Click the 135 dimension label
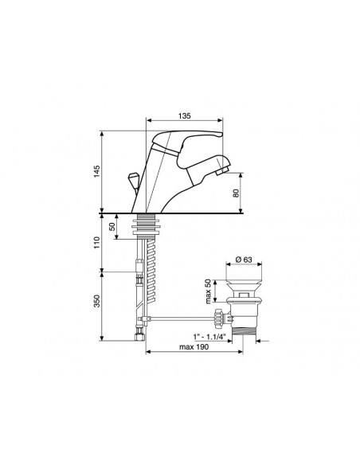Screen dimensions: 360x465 (185, 115)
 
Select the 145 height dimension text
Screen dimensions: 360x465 (96, 171)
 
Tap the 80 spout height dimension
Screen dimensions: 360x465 (236, 193)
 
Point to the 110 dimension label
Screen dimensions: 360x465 (96, 243)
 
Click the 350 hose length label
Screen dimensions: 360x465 (96, 301)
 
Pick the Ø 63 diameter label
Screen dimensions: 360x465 (244, 260)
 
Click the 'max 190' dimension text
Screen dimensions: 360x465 (194, 346)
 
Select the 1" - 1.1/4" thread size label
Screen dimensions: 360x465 (209, 337)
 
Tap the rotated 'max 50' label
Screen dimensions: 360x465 (208, 291)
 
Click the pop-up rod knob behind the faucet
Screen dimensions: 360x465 (132, 179)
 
